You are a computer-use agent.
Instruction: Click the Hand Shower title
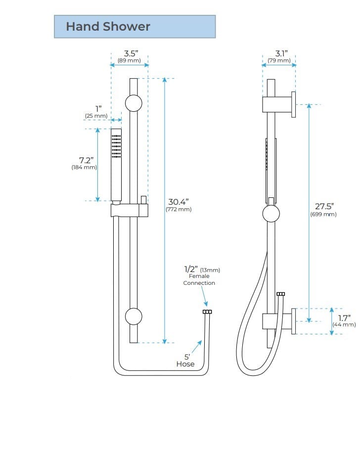108,26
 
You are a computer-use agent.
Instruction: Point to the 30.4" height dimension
178,202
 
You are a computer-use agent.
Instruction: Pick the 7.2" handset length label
86,160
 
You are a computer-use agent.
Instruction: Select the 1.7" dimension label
344,318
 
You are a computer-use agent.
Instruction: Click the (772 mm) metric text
178,210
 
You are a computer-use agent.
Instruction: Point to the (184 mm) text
84,168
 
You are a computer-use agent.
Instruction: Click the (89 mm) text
129,61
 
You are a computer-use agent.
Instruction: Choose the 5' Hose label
185,360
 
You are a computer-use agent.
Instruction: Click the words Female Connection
199,279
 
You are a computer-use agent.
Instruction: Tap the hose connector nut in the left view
207,312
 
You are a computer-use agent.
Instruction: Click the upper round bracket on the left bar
134,103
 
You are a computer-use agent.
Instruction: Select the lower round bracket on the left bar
134,316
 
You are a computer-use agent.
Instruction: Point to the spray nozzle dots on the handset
116,146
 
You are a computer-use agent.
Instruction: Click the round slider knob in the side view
271,214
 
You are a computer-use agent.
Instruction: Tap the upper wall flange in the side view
293,104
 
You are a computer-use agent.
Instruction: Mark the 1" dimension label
98,109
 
